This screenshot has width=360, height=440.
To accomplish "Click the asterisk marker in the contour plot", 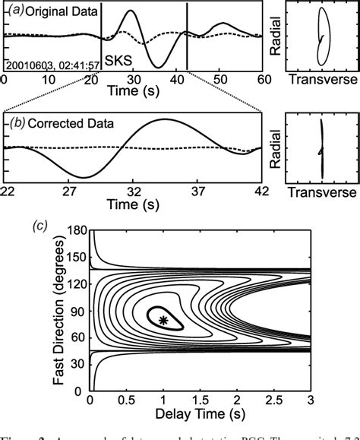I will [163, 321].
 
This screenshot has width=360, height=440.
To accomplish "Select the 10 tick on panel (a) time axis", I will [46, 79].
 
